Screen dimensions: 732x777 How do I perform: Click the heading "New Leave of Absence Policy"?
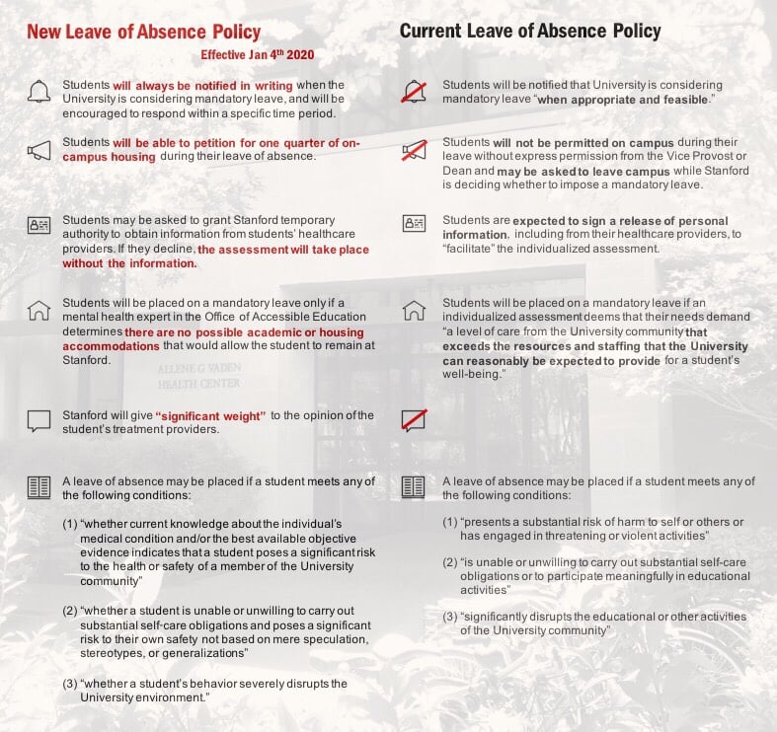pyautogui.click(x=143, y=32)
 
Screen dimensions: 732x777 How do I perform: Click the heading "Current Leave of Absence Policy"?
pyautogui.click(x=530, y=31)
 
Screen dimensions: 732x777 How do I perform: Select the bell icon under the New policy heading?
pyautogui.click(x=39, y=93)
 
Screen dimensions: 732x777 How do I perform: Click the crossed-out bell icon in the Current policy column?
pyautogui.click(x=414, y=93)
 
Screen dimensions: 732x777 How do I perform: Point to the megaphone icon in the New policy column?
pyautogui.click(x=39, y=150)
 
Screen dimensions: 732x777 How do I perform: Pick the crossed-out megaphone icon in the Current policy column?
pyautogui.click(x=414, y=151)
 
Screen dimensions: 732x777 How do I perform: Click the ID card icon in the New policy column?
pyautogui.click(x=39, y=225)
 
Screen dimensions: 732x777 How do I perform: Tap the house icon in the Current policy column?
pyautogui.click(x=414, y=310)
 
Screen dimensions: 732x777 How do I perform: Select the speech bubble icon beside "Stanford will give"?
pyautogui.click(x=39, y=421)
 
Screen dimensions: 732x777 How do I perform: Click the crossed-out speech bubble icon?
pyautogui.click(x=414, y=420)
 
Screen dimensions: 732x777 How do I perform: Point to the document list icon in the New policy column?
pyautogui.click(x=39, y=486)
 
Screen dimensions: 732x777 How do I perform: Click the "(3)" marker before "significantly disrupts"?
pyautogui.click(x=450, y=617)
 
